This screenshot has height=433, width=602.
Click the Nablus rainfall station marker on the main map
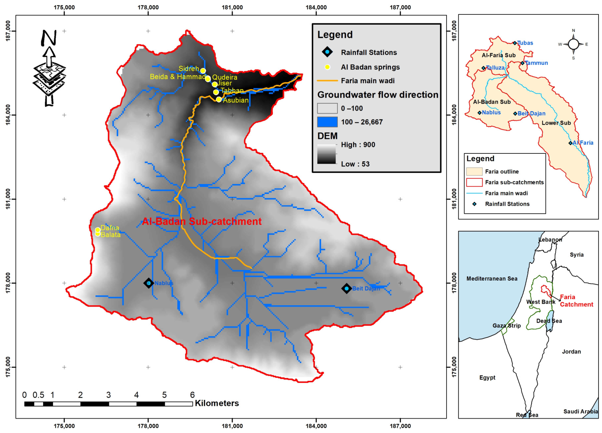point(149,283)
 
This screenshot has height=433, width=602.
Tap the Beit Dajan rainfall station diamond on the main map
point(346,288)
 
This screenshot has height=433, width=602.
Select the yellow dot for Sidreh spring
point(203,71)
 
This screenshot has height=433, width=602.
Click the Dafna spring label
point(110,228)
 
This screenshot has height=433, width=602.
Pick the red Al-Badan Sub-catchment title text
point(202,221)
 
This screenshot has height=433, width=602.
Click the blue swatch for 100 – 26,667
point(327,122)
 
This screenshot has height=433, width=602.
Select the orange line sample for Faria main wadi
point(327,81)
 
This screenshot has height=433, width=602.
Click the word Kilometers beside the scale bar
point(217,403)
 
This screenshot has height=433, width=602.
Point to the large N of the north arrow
point(49,38)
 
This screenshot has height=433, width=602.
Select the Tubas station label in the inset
point(525,43)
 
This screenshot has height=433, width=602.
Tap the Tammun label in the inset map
point(536,63)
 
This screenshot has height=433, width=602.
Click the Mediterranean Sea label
point(492,279)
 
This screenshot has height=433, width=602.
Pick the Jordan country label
point(571,351)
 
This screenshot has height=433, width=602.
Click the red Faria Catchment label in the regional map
point(576,301)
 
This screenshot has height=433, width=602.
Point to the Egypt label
point(487,377)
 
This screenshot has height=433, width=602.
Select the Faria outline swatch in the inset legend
point(474,172)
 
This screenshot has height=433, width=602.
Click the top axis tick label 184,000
point(316,7)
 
